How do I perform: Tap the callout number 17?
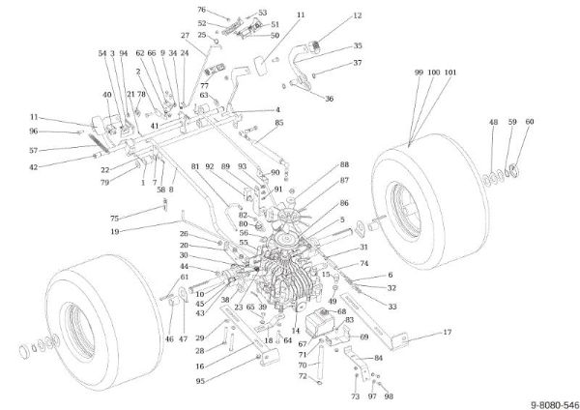(x=448, y=333)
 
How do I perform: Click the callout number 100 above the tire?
(x=433, y=72)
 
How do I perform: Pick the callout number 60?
(x=528, y=122)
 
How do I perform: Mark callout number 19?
(x=115, y=232)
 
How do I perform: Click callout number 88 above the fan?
(x=343, y=165)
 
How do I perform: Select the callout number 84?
(x=378, y=358)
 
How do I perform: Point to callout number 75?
(x=114, y=218)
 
